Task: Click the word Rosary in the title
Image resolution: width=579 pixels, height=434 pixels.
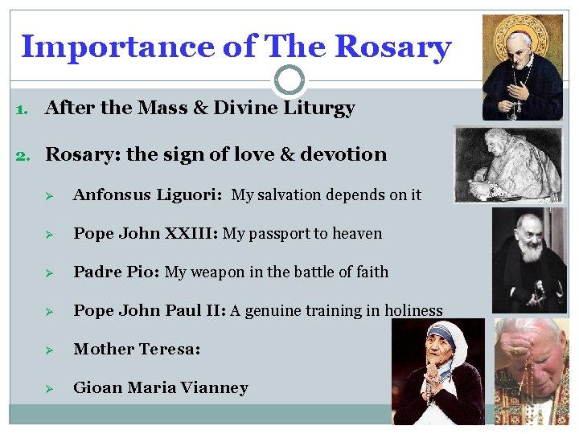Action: coord(392,47)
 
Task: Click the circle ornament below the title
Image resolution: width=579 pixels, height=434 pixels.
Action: coord(289,80)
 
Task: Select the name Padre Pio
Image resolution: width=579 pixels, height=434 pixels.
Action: coord(116,272)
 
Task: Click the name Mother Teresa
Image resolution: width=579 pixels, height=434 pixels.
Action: coord(135,349)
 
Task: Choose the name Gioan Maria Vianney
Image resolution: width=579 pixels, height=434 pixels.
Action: coord(160,387)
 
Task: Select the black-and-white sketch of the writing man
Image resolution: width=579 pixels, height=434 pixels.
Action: coord(506,165)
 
